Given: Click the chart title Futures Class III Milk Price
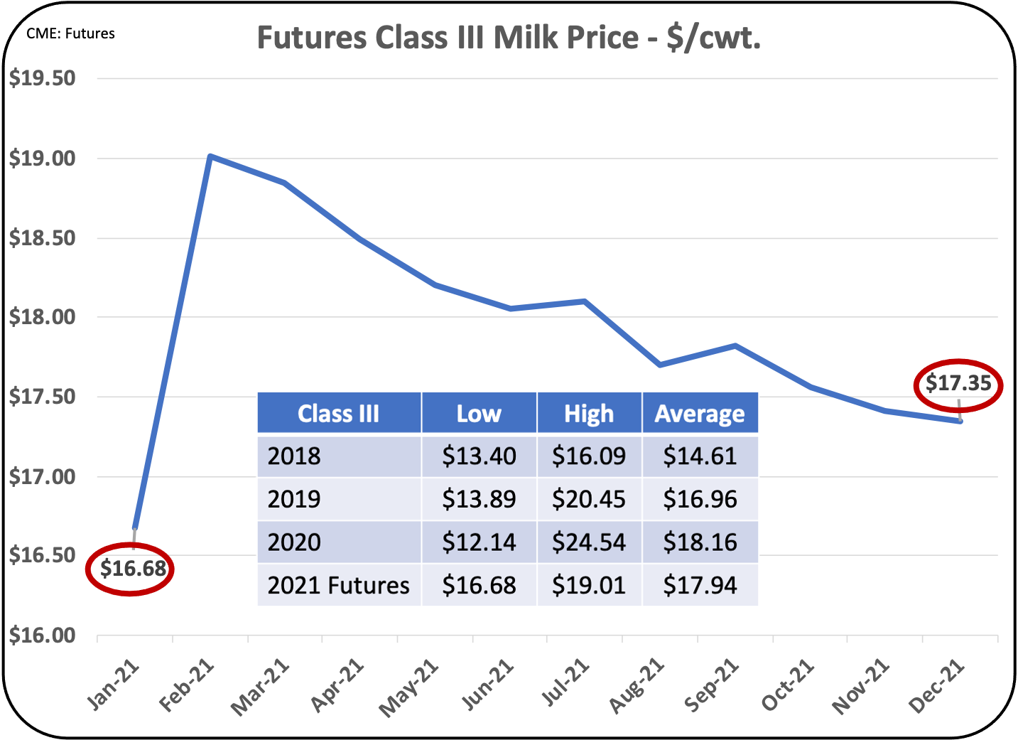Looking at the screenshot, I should coord(509,38).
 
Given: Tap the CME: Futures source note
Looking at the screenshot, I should coord(70,33).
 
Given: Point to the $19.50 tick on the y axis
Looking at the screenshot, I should coord(43,78).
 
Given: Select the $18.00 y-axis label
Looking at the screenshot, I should coord(43,317).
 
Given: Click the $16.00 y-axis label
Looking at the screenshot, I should coord(43,636).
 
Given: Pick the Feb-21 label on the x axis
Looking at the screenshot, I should coord(186,685).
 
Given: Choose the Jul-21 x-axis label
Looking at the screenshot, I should coord(565,682).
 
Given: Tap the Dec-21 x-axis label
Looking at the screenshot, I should coord(937,685).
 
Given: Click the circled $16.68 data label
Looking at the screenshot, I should coord(132,568).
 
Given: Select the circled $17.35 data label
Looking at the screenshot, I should coord(958,384).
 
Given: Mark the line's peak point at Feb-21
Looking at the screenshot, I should coord(210,156).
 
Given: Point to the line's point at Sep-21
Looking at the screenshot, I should coord(736,345).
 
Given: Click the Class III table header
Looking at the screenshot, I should coord(339,413).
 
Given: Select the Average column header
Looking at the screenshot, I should coord(700,413).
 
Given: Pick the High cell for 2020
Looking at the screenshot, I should coord(589,542).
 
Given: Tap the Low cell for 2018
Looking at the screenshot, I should coord(479,456).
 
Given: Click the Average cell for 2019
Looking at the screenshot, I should coord(700,499).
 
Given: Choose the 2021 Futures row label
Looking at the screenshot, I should coord(338,585).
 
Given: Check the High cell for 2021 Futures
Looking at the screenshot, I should coord(589,585).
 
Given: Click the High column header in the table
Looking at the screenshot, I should coord(589,413).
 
